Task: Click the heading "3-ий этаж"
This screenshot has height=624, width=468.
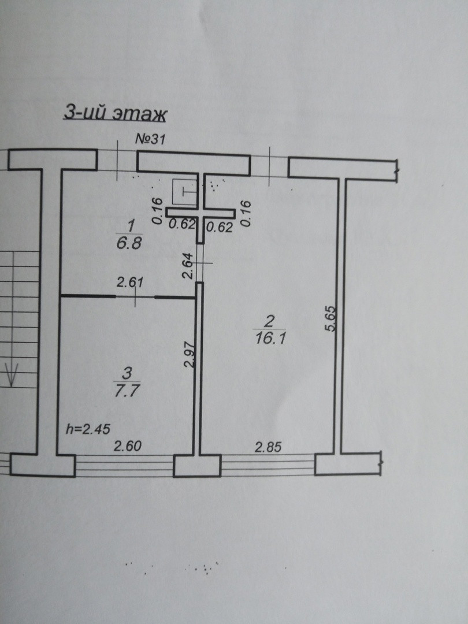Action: (114, 113)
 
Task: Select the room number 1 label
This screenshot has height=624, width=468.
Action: (131, 222)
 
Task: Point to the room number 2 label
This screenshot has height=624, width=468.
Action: (267, 318)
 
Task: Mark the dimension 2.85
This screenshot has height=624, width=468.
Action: (268, 446)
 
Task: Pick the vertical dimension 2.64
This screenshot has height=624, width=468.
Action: (187, 268)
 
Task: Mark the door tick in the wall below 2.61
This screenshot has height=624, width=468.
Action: (135, 297)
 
